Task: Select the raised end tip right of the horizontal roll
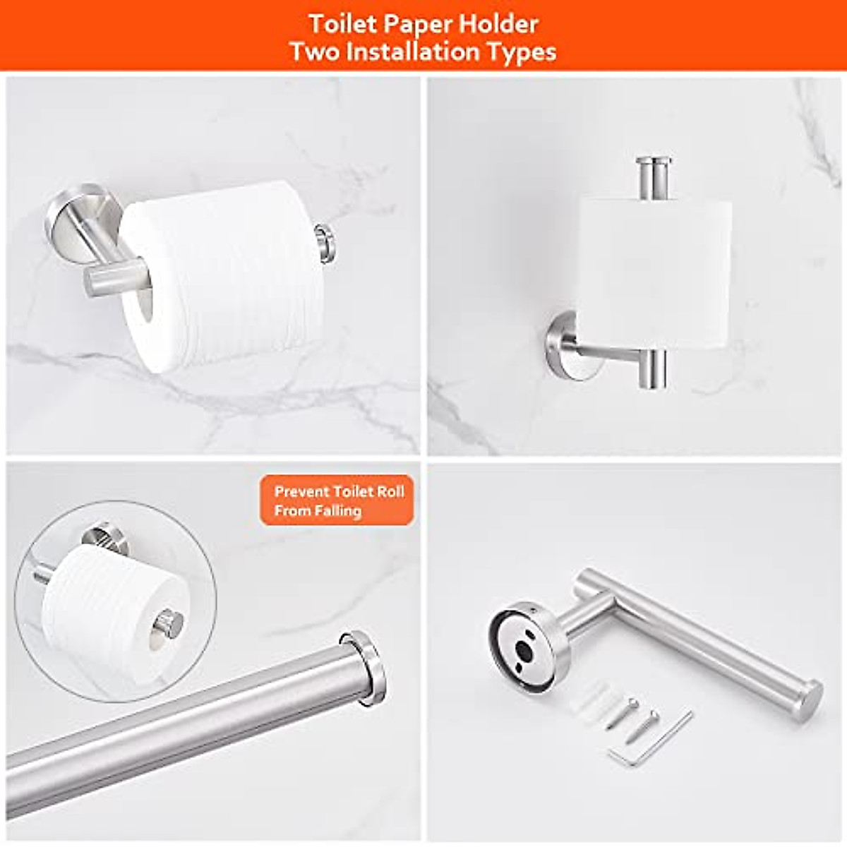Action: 325,243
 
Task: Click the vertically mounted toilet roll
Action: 653,272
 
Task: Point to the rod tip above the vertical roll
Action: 653,176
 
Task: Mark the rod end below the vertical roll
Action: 653,369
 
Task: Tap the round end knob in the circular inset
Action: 170,623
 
